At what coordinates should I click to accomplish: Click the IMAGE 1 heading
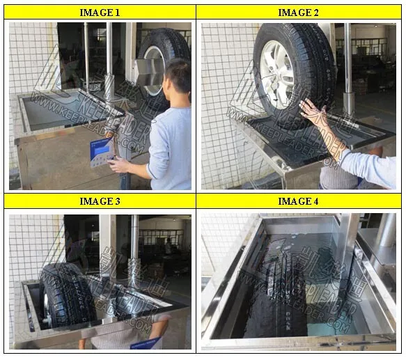click(x=100, y=12)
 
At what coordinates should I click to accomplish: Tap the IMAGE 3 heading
click(x=100, y=201)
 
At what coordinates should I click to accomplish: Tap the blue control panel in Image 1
click(x=101, y=148)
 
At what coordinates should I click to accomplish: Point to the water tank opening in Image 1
click(x=56, y=108)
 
